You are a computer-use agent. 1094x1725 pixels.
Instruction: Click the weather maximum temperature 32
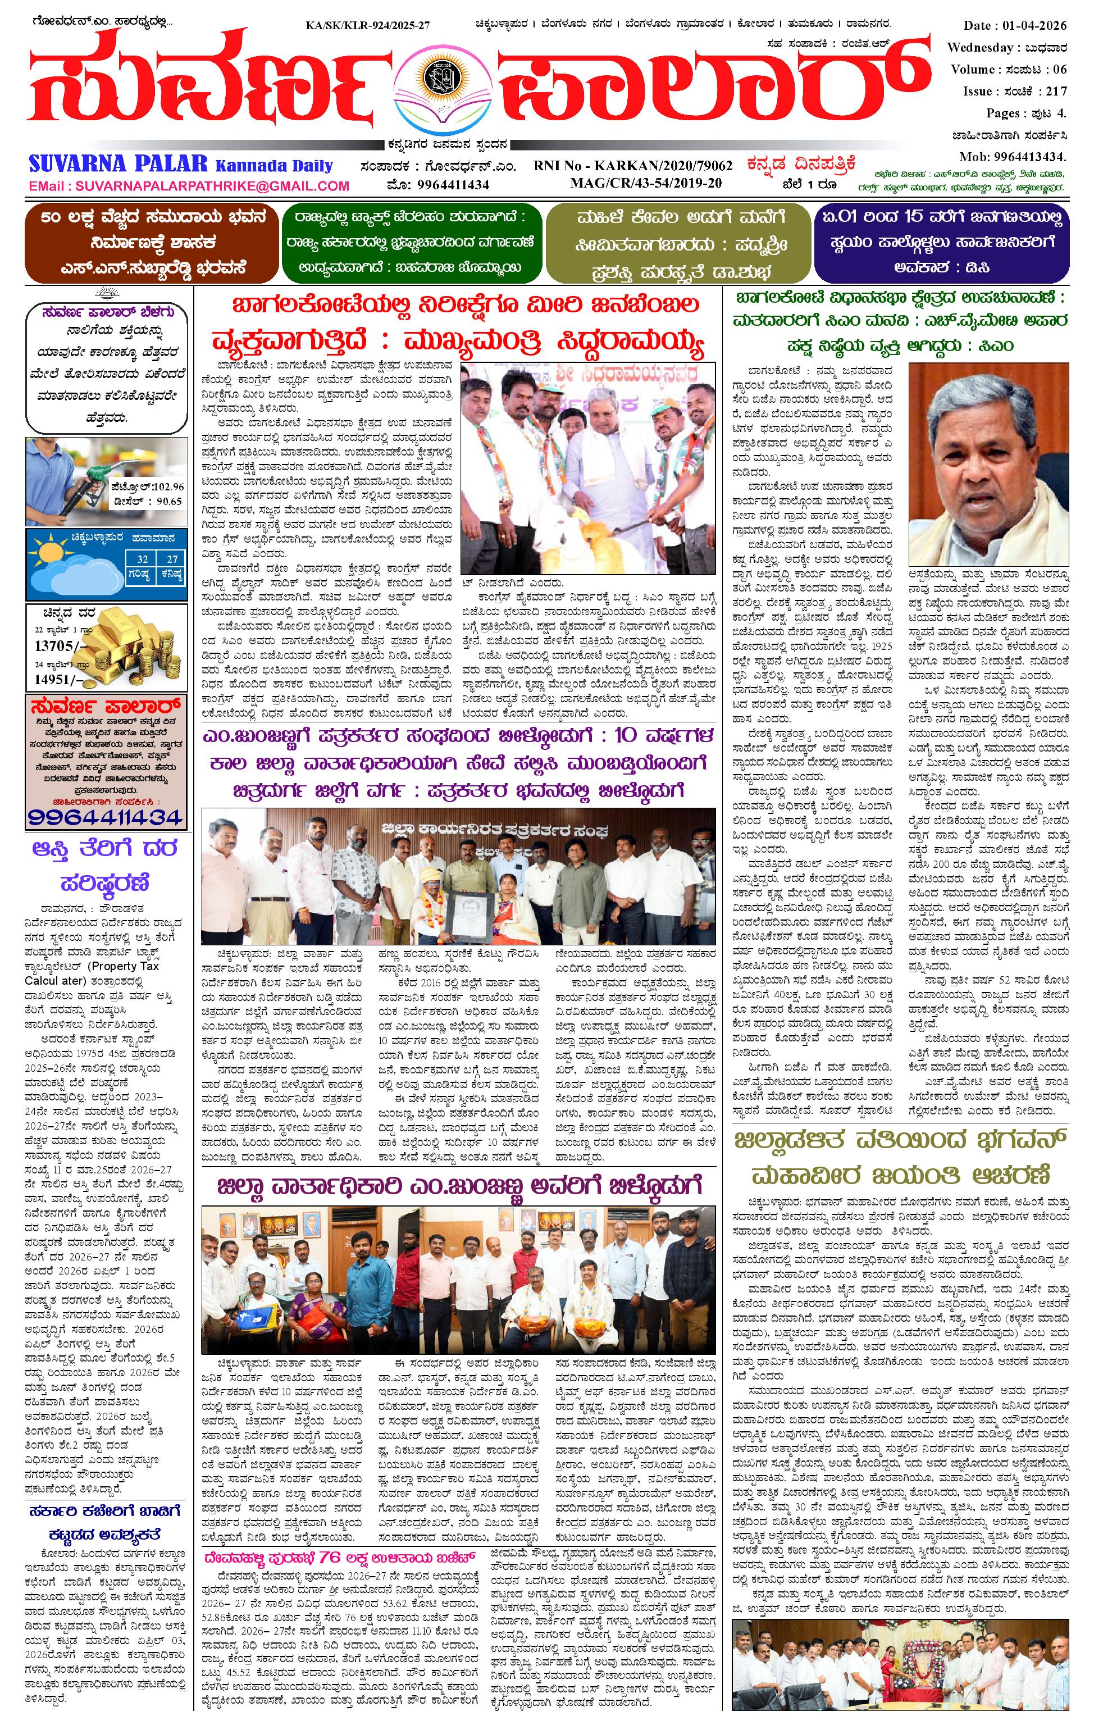(x=143, y=559)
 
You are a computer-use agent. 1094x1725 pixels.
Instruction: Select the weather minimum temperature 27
(x=172, y=559)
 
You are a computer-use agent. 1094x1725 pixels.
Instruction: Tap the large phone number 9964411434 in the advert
(x=106, y=817)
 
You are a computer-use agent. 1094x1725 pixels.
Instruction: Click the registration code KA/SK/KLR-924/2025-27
(x=367, y=26)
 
